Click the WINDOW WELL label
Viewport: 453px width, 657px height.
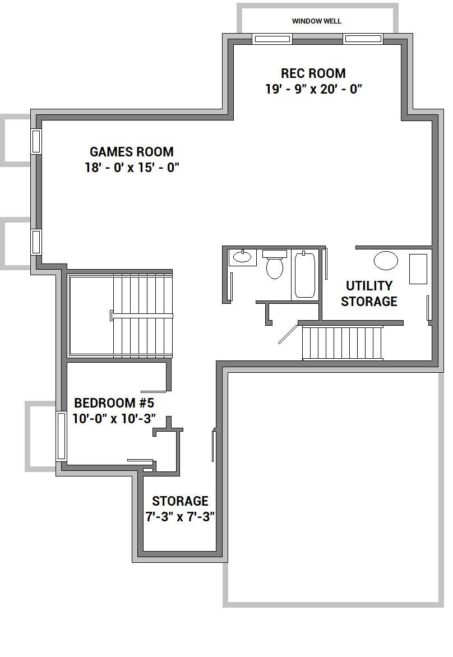(316, 21)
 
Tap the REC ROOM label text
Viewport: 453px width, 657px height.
(313, 73)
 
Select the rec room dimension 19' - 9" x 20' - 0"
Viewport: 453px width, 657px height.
(313, 89)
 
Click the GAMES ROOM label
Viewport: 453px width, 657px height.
(132, 152)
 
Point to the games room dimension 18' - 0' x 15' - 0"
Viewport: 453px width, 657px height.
(132, 168)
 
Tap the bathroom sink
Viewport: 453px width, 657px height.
(242, 256)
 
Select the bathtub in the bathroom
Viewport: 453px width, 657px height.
(304, 275)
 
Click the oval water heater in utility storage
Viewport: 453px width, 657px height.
(386, 261)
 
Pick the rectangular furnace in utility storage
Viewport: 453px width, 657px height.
(418, 269)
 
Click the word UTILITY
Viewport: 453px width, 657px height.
(369, 286)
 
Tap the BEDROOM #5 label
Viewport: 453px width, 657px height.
(114, 403)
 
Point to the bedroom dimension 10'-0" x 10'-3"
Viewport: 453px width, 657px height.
(114, 419)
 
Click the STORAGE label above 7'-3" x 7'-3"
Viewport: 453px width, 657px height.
(180, 501)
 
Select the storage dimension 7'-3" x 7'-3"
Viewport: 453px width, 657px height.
(180, 517)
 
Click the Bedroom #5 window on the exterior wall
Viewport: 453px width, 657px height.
(61, 436)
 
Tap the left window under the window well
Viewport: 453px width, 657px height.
(271, 39)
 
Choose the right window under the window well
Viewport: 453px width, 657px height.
(363, 39)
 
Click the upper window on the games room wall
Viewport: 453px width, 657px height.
(36, 141)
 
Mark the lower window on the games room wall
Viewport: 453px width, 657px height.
(36, 242)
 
